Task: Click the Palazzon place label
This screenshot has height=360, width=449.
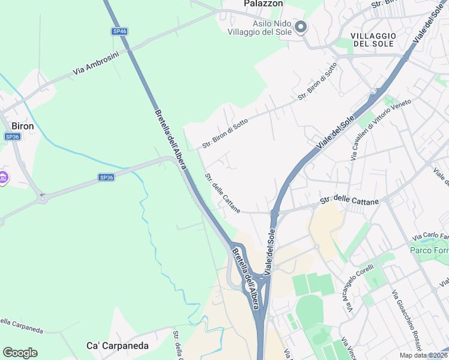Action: point(263,4)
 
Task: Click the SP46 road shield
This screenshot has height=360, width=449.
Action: point(119,31)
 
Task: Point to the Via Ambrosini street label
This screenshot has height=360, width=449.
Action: point(96,62)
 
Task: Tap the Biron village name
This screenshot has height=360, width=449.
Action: point(23,126)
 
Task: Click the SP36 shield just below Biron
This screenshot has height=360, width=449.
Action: point(12,137)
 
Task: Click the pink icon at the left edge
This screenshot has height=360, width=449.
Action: point(3,178)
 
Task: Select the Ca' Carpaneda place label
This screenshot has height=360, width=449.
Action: point(118,346)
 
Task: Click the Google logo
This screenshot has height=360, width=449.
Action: point(20,353)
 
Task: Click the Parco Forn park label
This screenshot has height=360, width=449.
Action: point(429,250)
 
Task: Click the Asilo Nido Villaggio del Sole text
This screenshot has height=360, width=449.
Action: point(264,28)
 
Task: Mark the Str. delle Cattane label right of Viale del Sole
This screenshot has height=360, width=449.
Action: point(349,202)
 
